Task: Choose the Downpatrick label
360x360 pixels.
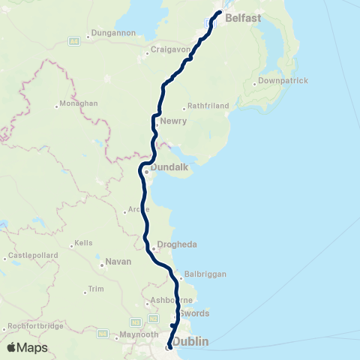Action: point(282,80)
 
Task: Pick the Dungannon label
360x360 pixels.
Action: point(112,33)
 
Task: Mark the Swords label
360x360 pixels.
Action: point(193,313)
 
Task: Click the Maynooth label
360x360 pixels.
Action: point(141,334)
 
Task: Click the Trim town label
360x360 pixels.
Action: point(95,288)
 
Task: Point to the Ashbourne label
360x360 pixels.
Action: point(166,300)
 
